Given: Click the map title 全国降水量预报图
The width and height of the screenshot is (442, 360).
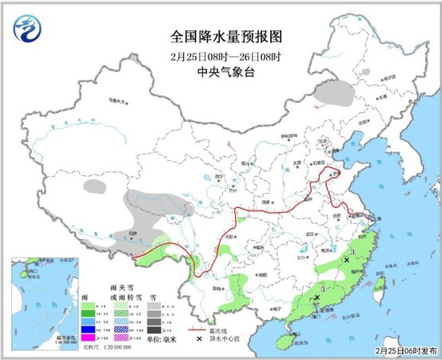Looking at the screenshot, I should tap(227, 37).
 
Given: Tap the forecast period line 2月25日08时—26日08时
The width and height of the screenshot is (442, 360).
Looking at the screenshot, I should tap(227, 54).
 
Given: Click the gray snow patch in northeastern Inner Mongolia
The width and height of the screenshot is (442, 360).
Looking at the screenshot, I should tap(336, 93).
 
